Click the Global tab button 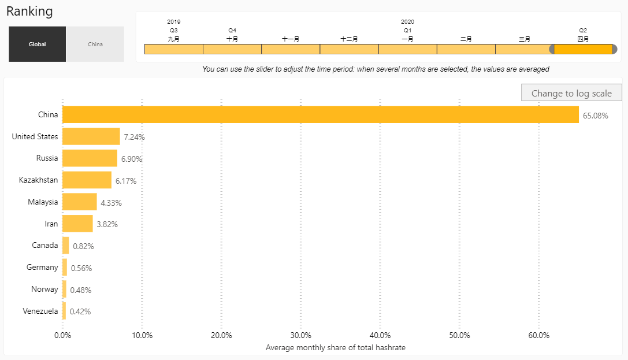38,44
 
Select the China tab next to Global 95,44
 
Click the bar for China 320,114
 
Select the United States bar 91,136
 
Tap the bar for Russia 90,158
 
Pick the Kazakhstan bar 87,180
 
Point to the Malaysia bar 79,202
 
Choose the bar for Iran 77,224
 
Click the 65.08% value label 595,116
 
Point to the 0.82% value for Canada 83,246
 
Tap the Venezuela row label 40,311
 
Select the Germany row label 42,267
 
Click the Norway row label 44,289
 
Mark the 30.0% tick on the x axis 300,335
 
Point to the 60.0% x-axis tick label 538,335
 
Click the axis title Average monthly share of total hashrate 335,347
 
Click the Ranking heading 29,12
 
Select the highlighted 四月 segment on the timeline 583,49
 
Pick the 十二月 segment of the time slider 349,49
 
